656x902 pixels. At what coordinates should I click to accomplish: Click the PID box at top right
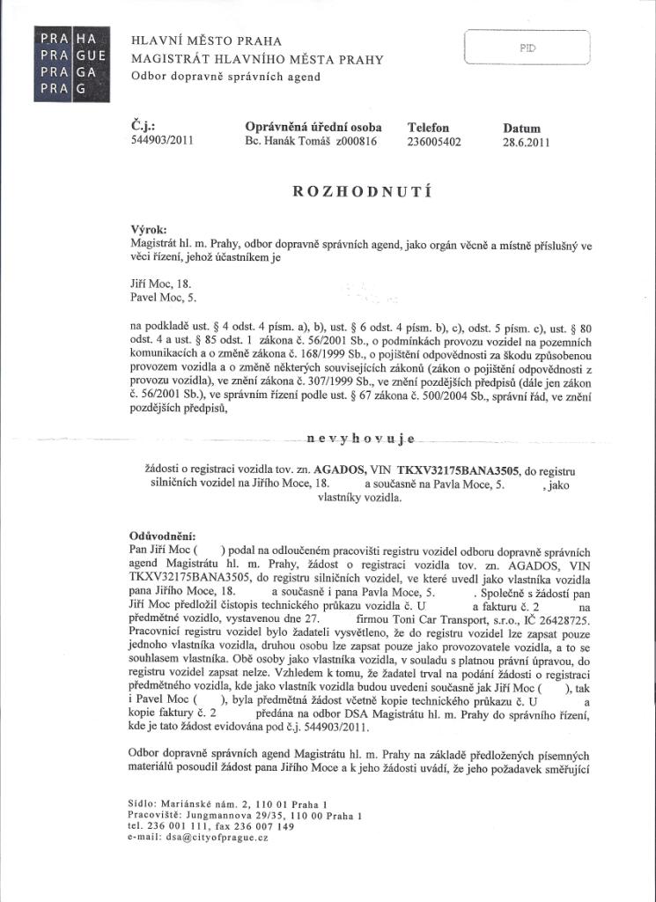tap(527, 48)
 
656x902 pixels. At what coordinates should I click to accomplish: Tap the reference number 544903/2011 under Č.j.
tap(161, 140)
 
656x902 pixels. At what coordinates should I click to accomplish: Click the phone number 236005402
tap(434, 140)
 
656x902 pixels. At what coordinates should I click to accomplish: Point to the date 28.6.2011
tap(526, 141)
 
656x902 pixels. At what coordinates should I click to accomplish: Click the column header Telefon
tap(428, 127)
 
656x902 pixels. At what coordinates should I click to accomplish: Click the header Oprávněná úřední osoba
tap(313, 127)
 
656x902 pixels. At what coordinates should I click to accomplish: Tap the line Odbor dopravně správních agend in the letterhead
tap(225, 77)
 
